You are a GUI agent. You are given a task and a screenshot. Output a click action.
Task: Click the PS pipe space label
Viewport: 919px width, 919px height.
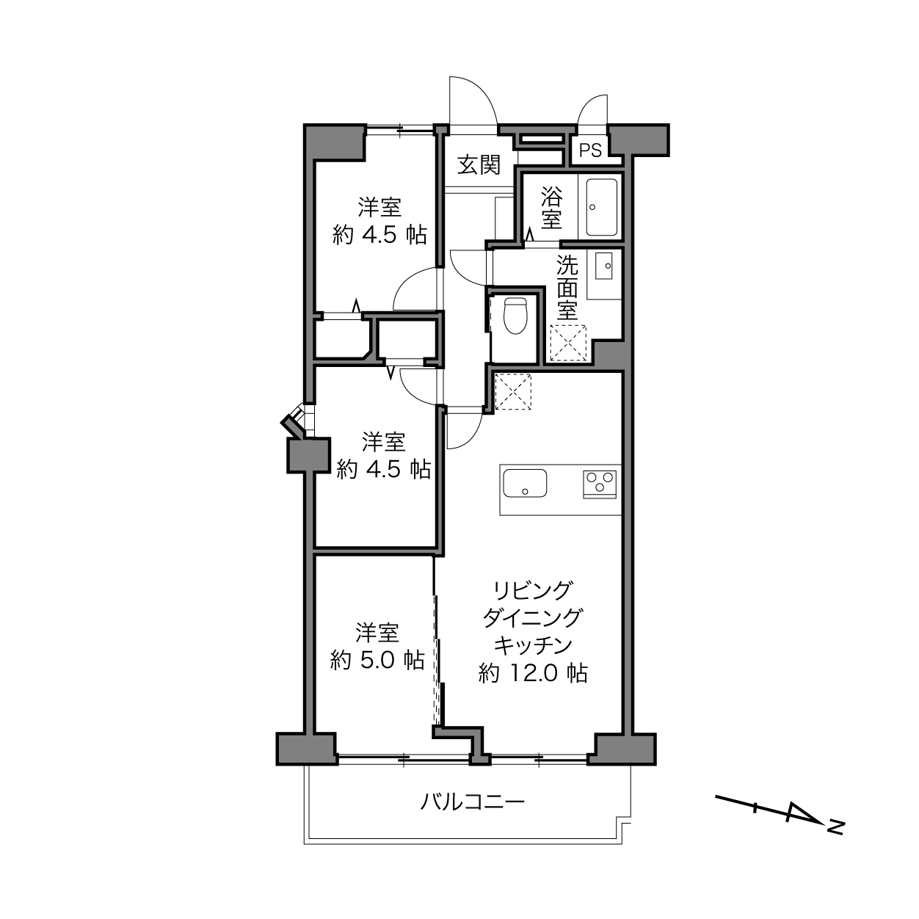point(590,150)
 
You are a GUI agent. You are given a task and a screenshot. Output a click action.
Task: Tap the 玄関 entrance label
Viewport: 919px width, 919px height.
point(479,165)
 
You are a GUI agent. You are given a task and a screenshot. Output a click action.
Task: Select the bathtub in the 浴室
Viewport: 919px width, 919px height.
point(601,207)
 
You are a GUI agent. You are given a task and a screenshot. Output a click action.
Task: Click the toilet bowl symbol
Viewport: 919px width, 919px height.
point(515,315)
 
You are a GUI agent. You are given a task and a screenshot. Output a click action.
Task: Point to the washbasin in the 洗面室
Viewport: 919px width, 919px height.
point(603,266)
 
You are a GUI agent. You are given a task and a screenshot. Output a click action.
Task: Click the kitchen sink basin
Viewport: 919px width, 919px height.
point(525,483)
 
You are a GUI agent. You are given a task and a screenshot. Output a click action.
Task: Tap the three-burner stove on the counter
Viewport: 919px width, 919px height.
point(600,484)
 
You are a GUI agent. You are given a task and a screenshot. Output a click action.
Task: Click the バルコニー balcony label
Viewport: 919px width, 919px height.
point(472,802)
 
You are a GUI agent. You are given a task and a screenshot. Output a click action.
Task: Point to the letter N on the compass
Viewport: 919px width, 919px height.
point(835,827)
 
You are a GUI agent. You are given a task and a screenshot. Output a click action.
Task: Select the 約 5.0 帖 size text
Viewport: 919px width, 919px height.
point(377,661)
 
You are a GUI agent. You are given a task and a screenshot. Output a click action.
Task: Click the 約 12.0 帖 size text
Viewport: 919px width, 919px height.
point(533,673)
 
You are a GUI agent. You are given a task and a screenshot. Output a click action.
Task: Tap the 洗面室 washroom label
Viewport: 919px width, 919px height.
point(567,288)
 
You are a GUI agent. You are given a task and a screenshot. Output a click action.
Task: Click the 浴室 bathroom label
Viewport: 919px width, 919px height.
point(551,207)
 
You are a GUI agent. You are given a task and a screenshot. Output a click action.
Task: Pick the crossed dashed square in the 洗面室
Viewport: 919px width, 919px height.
point(568,343)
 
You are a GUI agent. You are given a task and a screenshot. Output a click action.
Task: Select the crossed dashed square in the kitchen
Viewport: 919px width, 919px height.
point(513,391)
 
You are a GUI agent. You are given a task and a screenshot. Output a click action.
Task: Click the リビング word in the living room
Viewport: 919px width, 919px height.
point(532,591)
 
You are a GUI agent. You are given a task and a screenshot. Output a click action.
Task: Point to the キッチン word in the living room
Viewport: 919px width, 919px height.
point(533,645)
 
